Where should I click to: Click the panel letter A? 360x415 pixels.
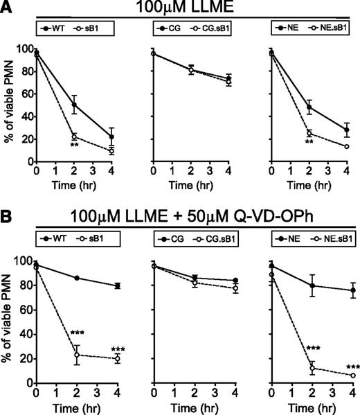[8, 8]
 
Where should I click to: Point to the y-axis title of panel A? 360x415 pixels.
[9, 105]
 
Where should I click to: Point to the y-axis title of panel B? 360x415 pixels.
[9, 323]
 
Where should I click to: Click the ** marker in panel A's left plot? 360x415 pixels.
[73, 144]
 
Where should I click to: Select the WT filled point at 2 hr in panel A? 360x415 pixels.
[74, 105]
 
